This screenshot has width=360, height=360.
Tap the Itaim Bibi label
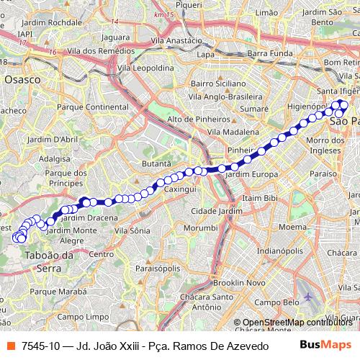(261, 197)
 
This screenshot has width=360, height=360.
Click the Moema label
(292, 227)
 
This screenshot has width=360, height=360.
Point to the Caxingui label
(181, 188)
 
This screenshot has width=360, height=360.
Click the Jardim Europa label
(251, 174)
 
